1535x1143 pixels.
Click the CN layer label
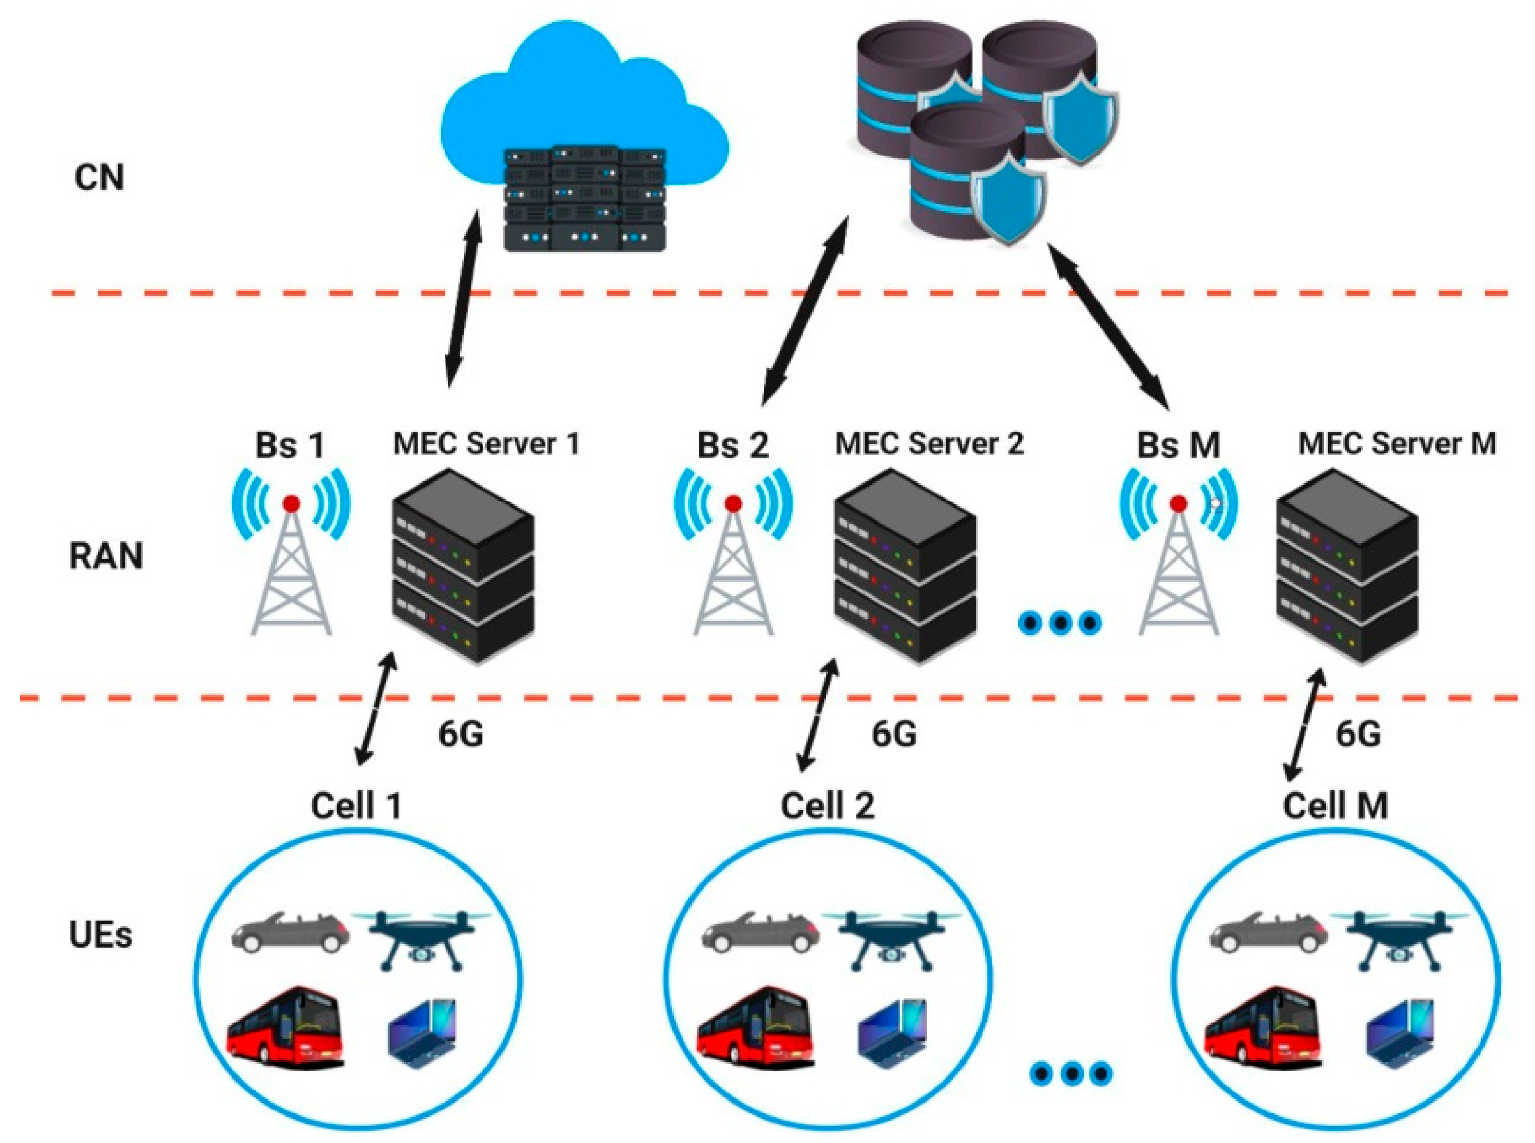[99, 178]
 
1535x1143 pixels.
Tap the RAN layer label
[106, 556]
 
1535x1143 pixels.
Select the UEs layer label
[100, 936]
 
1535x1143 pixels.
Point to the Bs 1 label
[289, 445]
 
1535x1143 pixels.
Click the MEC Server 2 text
[929, 444]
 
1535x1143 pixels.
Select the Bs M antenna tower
[1178, 567]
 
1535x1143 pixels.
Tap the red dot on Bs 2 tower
[734, 504]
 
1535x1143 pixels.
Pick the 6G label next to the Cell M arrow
[1358, 734]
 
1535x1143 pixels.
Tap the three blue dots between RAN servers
[1060, 623]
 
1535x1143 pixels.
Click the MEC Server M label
[1396, 444]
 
